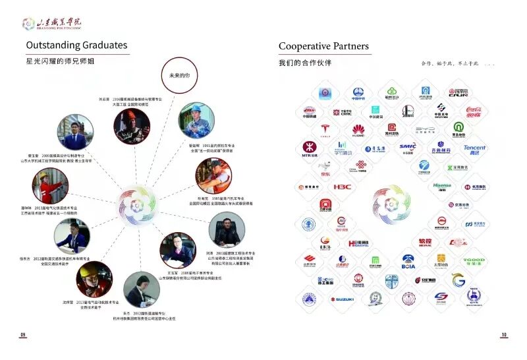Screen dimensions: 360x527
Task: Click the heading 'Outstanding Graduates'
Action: pyautogui.click(x=76, y=45)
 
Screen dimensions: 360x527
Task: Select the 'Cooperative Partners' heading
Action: pyautogui.click(x=324, y=46)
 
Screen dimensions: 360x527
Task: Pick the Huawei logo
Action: pyautogui.click(x=358, y=129)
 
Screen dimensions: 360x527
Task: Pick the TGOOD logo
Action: pyautogui.click(x=474, y=261)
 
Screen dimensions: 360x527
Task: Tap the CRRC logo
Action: pyautogui.click(x=342, y=111)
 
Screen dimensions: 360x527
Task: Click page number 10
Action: pyautogui.click(x=504, y=335)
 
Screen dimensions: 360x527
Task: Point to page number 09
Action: pyautogui.click(x=22, y=335)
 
